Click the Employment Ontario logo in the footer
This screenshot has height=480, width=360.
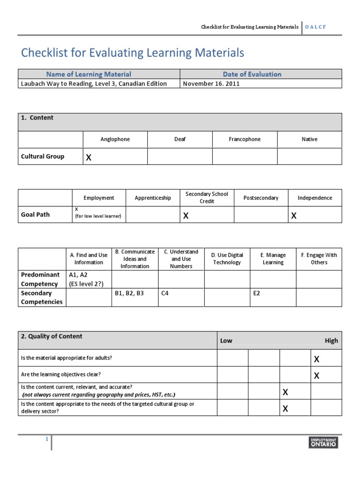pos(323,442)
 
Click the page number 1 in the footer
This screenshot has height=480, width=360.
pos(47,439)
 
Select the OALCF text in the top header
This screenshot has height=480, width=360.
pos(315,27)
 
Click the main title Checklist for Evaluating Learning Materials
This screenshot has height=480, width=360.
pos(133,53)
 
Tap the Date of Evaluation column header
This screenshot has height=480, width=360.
pos(252,74)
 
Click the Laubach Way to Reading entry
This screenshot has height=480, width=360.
pos(94,83)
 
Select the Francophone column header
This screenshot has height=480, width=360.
pos(245,139)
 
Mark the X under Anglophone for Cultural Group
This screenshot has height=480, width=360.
pos(88,157)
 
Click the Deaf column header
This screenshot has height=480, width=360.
pos(180,139)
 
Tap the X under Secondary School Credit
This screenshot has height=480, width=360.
pos(186,216)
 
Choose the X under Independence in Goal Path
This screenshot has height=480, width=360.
pos(294,216)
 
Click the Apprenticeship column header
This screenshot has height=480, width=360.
pos(153,198)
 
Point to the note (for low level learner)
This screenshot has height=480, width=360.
pos(98,216)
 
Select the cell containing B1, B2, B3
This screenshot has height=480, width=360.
pos(129,293)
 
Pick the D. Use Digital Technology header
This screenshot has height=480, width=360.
pos(227,259)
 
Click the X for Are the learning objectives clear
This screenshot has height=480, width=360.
pos(316,375)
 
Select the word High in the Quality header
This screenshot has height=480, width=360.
pos(331,341)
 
